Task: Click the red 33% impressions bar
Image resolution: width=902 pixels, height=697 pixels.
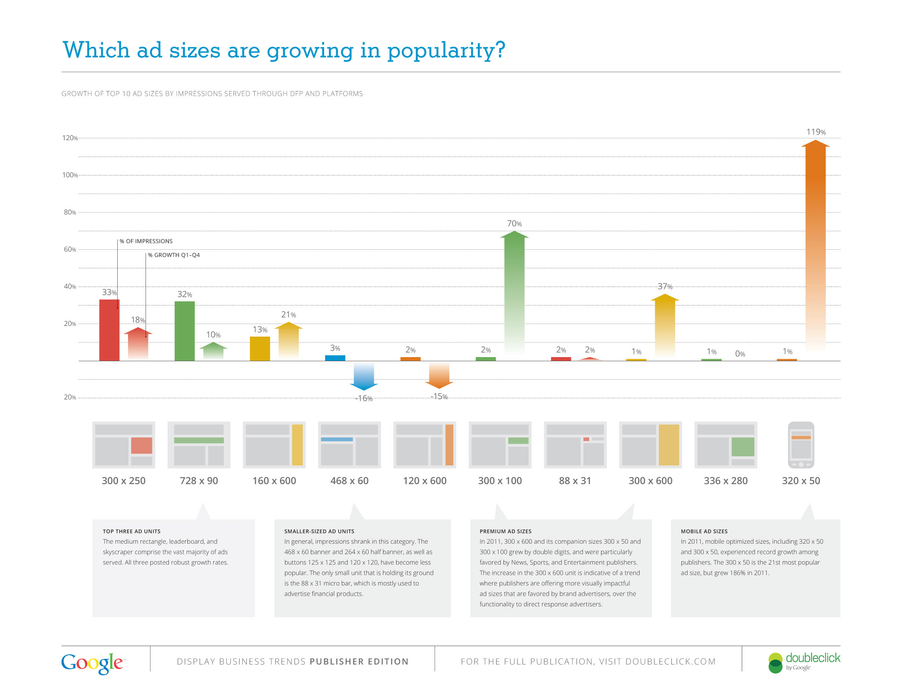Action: (109, 330)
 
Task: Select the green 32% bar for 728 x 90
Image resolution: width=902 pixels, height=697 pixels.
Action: (184, 331)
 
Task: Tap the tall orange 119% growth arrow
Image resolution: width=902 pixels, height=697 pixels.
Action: (815, 248)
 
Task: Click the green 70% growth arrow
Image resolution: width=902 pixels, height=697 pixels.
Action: (514, 293)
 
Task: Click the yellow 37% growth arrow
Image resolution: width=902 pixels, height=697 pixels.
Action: (665, 326)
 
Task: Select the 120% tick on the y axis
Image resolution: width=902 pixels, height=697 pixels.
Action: (70, 138)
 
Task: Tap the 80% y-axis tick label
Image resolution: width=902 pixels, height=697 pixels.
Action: (70, 212)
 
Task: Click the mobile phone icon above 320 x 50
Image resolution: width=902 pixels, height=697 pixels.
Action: (801, 445)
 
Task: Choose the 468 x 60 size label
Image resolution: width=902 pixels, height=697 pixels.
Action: (349, 481)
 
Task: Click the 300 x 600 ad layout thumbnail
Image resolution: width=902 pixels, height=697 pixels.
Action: (651, 445)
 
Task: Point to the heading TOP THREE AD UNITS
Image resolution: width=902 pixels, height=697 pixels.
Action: (131, 531)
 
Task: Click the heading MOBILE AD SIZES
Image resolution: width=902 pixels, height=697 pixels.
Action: (704, 531)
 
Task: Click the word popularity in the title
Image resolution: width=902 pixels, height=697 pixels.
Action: (446, 50)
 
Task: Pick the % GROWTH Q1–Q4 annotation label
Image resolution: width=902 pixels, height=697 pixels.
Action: (174, 255)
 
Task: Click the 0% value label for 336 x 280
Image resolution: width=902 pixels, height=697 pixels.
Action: (740, 354)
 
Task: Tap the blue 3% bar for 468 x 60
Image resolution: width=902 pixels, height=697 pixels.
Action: (335, 358)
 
